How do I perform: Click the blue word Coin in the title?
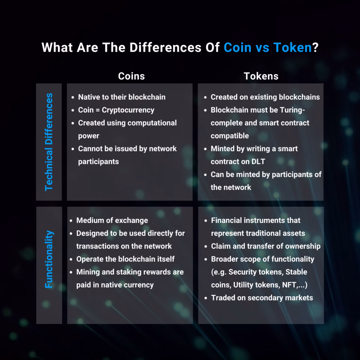pyautogui.click(x=238, y=47)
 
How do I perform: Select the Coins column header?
pyautogui.click(x=131, y=76)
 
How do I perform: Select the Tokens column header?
pyautogui.click(x=261, y=76)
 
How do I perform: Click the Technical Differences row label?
pyautogui.click(x=49, y=142)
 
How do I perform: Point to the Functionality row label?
pyautogui.click(x=49, y=259)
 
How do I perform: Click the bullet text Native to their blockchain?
pyautogui.click(x=122, y=97)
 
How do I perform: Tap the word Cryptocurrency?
pyautogui.click(x=128, y=110)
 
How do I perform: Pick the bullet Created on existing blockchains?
pyautogui.click(x=265, y=97)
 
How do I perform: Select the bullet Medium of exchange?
pyautogui.click(x=112, y=220)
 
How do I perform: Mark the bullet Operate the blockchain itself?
pyautogui.click(x=125, y=259)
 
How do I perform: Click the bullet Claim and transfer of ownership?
pyautogui.click(x=266, y=246)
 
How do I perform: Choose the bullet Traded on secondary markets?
pyautogui.click(x=262, y=298)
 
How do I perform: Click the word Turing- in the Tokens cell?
pyautogui.click(x=292, y=110)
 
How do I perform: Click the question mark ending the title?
pyautogui.click(x=315, y=47)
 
